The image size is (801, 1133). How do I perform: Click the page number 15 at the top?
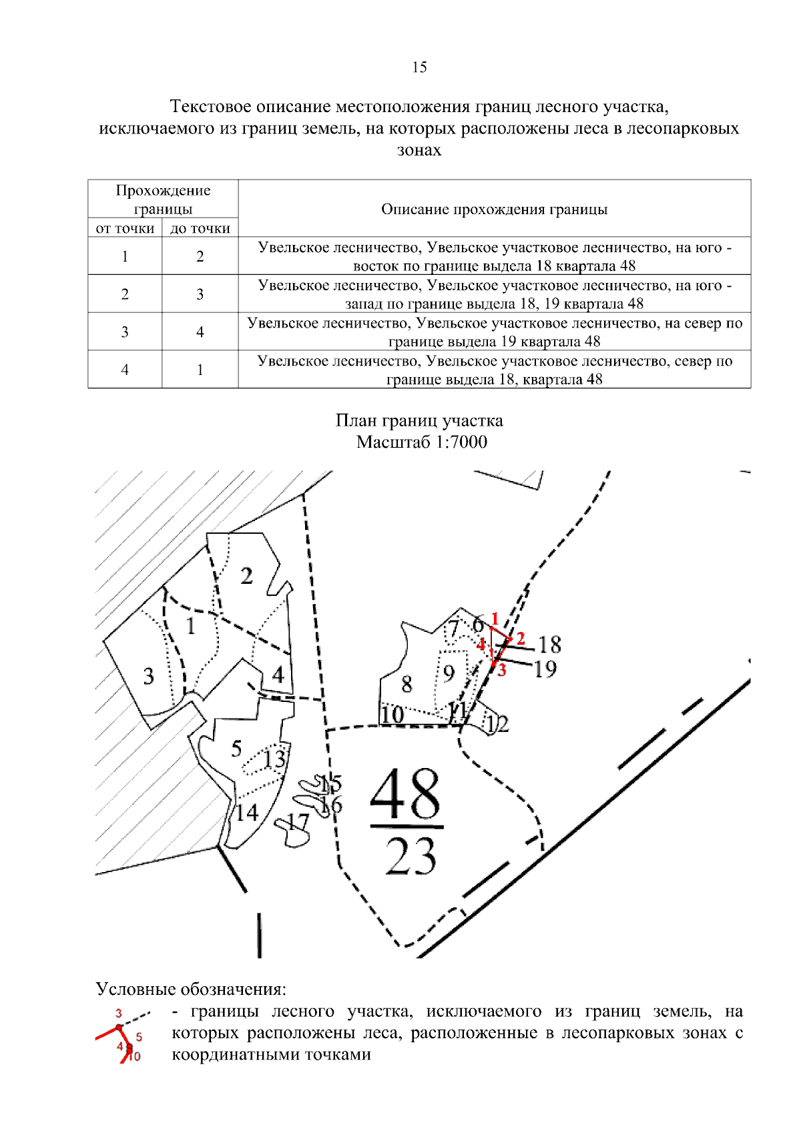(419, 67)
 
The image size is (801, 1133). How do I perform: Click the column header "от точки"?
(125, 228)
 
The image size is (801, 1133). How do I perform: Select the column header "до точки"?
(200, 228)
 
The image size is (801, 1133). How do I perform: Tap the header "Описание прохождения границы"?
(494, 209)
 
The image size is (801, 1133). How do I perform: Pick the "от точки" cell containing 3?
(125, 332)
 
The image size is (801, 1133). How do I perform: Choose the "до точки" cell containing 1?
(200, 370)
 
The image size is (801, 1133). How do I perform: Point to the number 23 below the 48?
(411, 856)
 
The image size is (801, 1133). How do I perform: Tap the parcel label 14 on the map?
(246, 812)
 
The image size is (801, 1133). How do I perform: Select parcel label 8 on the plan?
(407, 684)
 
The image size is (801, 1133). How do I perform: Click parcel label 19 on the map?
(545, 669)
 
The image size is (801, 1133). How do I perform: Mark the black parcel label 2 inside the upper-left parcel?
(246, 575)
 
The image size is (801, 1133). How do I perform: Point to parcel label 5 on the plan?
(236, 748)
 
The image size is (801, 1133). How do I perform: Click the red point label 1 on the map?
(495, 618)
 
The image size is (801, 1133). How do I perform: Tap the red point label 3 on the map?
(502, 670)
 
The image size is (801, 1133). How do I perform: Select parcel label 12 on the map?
(497, 723)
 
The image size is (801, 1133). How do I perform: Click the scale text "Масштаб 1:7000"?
(421, 442)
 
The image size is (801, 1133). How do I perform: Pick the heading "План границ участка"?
(419, 420)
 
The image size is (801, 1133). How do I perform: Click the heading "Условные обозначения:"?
(191, 988)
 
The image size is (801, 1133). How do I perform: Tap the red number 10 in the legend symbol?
(134, 1056)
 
